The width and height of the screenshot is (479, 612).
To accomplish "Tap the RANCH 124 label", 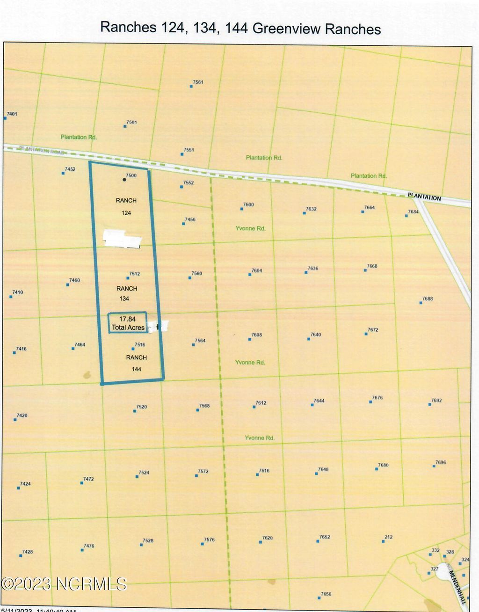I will [x=126, y=206].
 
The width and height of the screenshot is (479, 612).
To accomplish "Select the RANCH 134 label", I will [x=126, y=293].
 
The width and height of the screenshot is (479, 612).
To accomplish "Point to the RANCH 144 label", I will [x=136, y=363].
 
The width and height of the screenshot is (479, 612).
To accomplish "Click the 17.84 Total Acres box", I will [x=128, y=323].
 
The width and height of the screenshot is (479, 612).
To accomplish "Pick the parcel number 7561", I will [x=198, y=82].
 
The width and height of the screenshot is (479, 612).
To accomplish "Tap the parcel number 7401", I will [x=12, y=114].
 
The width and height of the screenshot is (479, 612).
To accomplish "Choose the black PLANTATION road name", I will [x=424, y=197].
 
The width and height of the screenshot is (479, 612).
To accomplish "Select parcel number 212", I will [x=388, y=537].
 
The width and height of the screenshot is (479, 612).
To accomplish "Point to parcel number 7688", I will [x=427, y=299].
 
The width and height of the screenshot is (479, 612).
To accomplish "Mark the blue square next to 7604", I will [x=250, y=275].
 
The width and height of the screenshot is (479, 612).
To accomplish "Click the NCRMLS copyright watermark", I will [x=64, y=583].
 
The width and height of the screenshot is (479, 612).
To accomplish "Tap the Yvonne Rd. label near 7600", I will [x=250, y=228].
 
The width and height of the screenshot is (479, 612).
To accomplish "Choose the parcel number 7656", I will [x=326, y=594].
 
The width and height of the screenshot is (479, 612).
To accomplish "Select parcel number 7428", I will [x=28, y=552].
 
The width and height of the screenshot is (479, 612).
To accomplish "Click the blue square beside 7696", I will [x=434, y=466].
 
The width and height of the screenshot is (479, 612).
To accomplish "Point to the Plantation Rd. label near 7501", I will [x=79, y=137].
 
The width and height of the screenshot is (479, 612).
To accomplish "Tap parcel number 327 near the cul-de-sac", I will [x=434, y=569].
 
